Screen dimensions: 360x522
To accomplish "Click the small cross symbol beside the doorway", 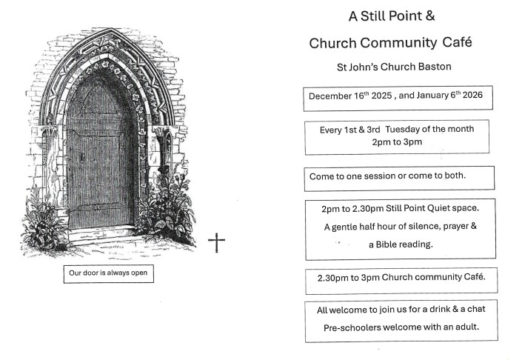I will pos(216,241).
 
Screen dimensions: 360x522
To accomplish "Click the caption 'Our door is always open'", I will pos(108,273).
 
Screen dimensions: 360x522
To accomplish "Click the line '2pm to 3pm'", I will pos(396,141).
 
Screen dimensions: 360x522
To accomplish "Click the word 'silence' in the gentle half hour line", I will pos(415,227).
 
